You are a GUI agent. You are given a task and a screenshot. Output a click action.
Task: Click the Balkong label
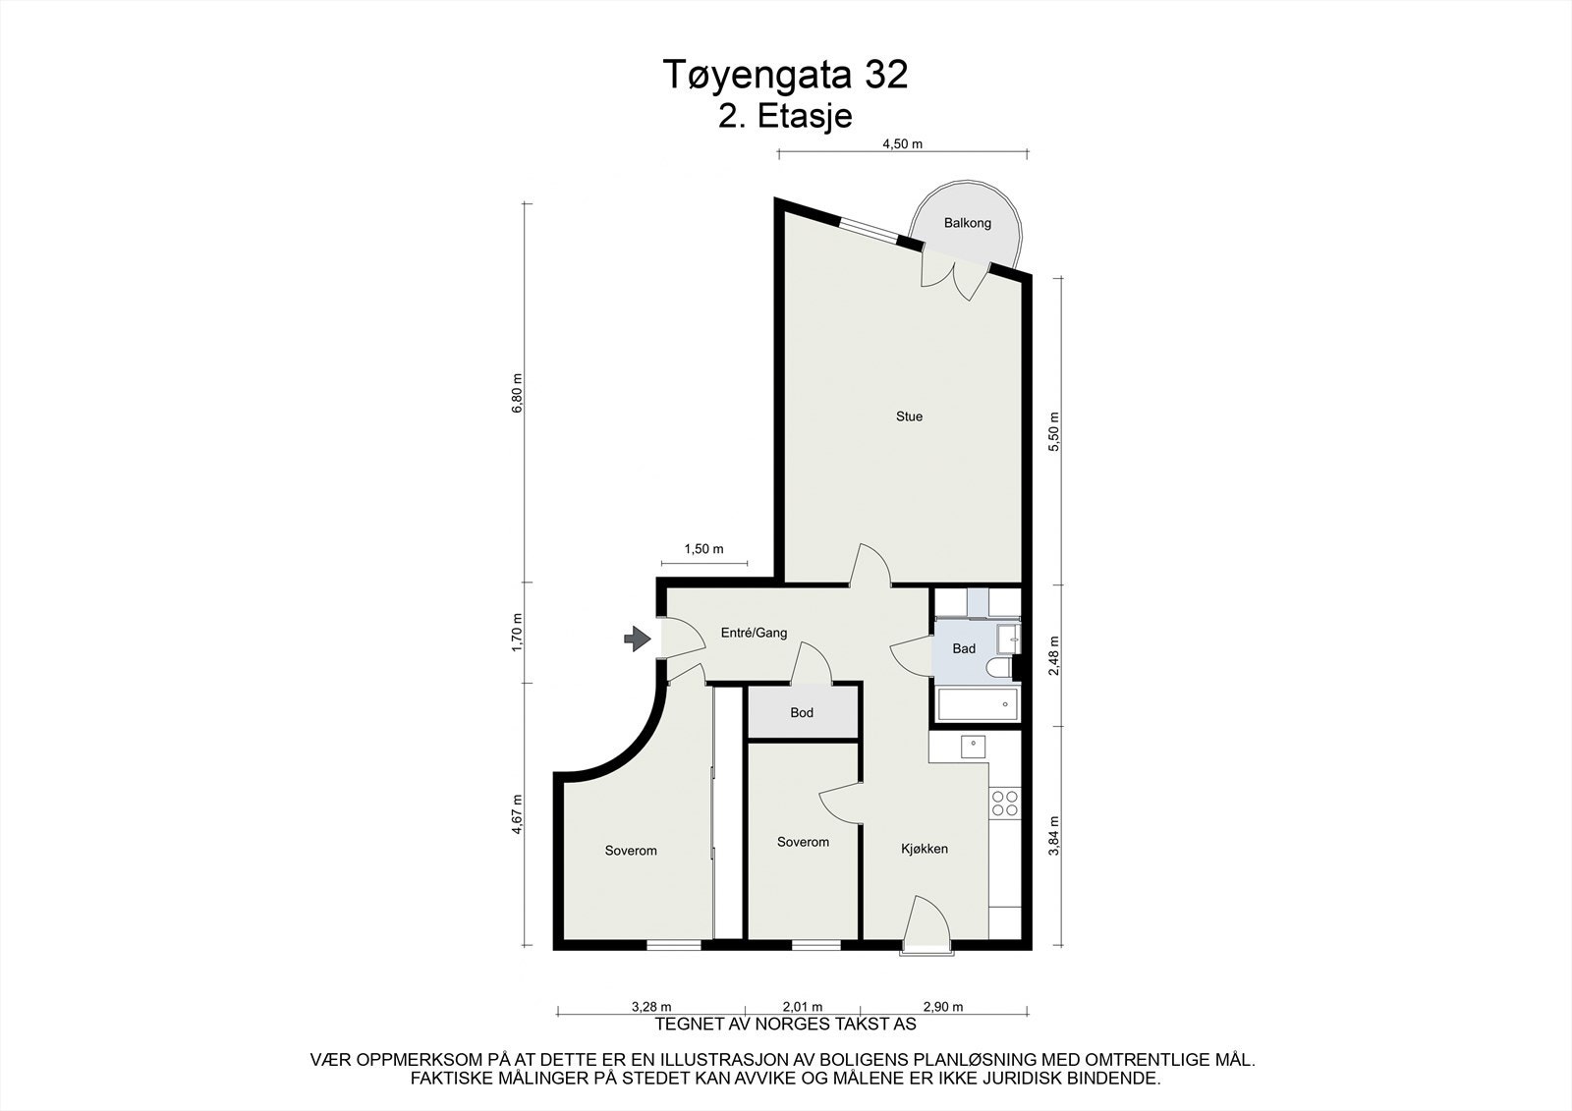(967, 223)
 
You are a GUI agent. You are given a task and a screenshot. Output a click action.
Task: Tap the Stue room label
(909, 417)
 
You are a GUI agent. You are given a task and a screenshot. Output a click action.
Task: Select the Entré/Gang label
(754, 633)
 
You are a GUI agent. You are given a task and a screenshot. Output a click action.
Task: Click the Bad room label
(964, 648)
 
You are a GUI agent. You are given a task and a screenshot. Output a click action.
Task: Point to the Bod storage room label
(802, 713)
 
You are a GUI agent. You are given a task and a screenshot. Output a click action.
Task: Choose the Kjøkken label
(925, 850)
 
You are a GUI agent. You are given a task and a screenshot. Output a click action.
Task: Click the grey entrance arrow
(638, 639)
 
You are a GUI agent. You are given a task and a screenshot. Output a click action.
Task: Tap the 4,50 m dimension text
(902, 143)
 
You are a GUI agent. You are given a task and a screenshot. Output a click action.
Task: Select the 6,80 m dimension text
(517, 392)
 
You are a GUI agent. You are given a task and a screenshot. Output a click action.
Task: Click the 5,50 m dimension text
(1053, 431)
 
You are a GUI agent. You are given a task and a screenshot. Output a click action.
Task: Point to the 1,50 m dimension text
(703, 549)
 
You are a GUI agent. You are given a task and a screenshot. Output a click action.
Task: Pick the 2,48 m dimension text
(1053, 655)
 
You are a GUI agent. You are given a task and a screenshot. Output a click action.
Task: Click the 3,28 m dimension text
(651, 1007)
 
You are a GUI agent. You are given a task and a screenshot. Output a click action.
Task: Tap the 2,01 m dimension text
(802, 1007)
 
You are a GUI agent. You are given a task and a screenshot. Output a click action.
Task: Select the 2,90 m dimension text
(942, 1007)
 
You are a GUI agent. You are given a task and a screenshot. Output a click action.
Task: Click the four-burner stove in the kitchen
(1004, 804)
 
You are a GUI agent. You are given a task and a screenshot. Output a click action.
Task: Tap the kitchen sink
(973, 747)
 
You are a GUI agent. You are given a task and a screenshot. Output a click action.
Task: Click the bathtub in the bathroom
(977, 704)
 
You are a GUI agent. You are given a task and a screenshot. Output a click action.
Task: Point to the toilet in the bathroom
(998, 667)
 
